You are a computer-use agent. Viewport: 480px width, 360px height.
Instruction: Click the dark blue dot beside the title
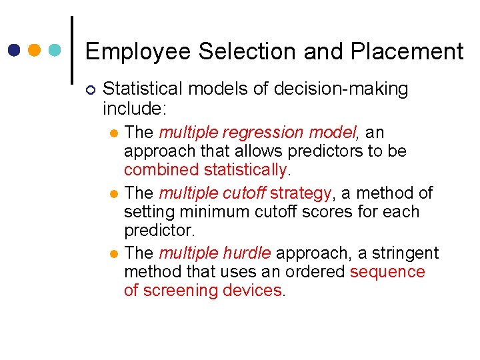tap(15, 50)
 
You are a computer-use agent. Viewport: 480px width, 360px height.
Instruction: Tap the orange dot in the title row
tap(35, 50)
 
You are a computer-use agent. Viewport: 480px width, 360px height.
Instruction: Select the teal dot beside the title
tap(55, 50)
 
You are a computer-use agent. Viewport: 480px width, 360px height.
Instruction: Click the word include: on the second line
tap(132, 107)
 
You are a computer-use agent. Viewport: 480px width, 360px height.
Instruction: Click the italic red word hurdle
tap(248, 253)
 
